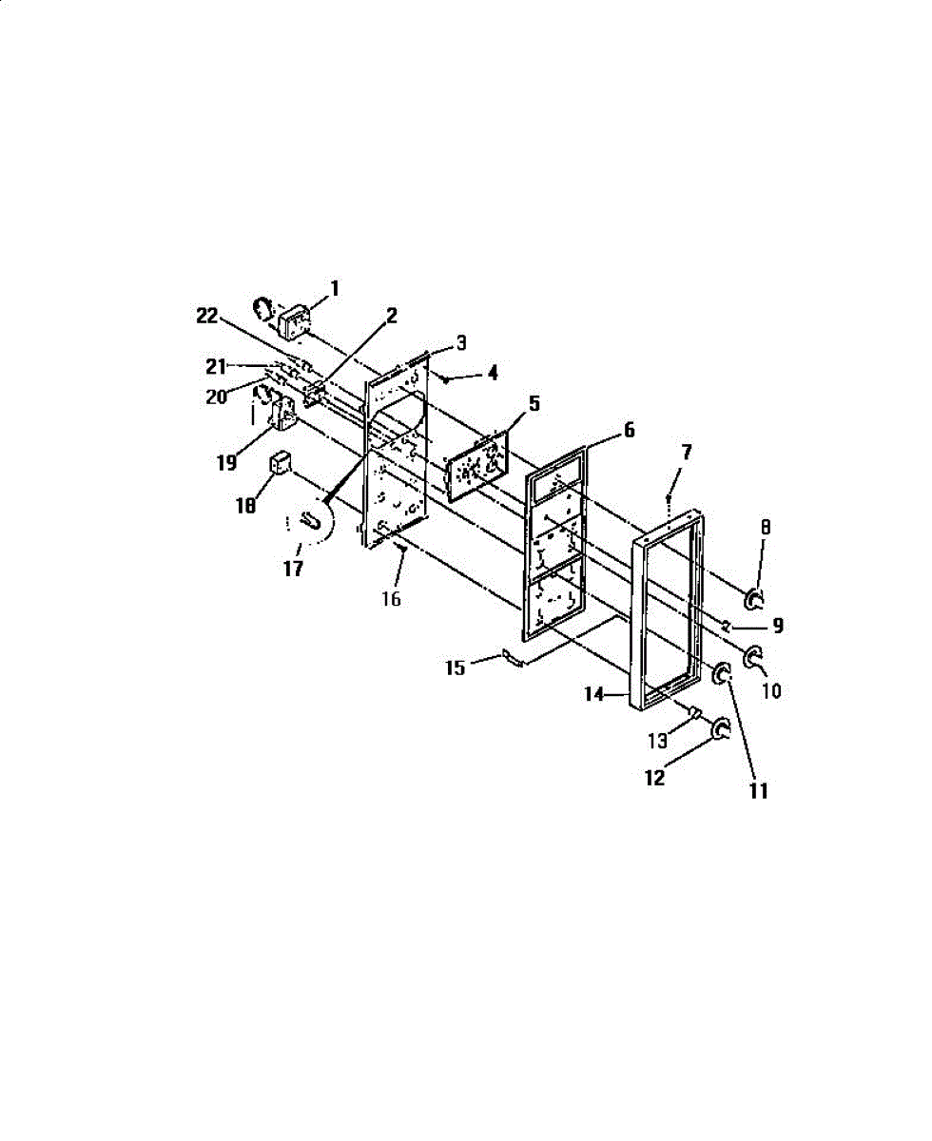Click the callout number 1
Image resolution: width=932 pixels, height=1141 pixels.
point(335,286)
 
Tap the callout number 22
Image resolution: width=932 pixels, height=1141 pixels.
point(207,319)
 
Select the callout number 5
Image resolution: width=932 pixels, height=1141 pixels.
point(534,402)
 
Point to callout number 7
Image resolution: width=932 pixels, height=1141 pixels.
point(687,453)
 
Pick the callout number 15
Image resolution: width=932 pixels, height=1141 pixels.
point(456,667)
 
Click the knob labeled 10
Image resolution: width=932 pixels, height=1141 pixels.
point(752,655)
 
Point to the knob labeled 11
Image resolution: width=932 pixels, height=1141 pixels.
point(720,674)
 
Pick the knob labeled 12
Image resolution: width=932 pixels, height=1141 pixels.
point(721,729)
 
